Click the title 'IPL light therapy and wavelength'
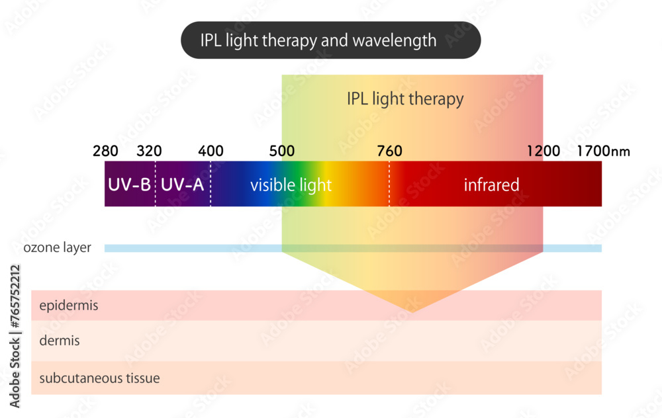tap(318, 40)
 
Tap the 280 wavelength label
tap(106, 151)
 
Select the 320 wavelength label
tap(149, 151)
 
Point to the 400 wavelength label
tap(211, 151)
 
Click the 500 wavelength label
tap(283, 151)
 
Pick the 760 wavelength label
tap(389, 151)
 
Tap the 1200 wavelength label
tap(543, 151)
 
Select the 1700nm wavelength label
tap(602, 151)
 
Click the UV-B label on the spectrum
tap(129, 185)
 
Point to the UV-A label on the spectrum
tap(183, 185)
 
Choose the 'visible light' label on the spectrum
tap(291, 185)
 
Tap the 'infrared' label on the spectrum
tap(491, 185)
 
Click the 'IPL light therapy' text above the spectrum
tap(405, 99)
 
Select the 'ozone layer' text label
tap(57, 248)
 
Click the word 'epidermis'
tap(69, 306)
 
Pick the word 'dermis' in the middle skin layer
tap(60, 341)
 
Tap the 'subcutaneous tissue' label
tap(99, 379)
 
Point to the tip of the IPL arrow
tap(412, 311)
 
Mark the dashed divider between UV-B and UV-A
tap(156, 185)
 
